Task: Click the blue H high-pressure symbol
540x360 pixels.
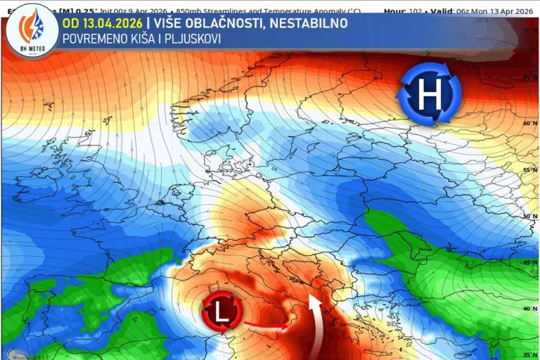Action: (x=430, y=94)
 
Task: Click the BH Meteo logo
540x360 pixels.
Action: (x=31, y=29)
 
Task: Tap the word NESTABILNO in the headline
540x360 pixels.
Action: (x=310, y=23)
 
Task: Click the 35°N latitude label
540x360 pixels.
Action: (x=529, y=354)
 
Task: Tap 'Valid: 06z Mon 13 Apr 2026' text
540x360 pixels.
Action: (x=480, y=11)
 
